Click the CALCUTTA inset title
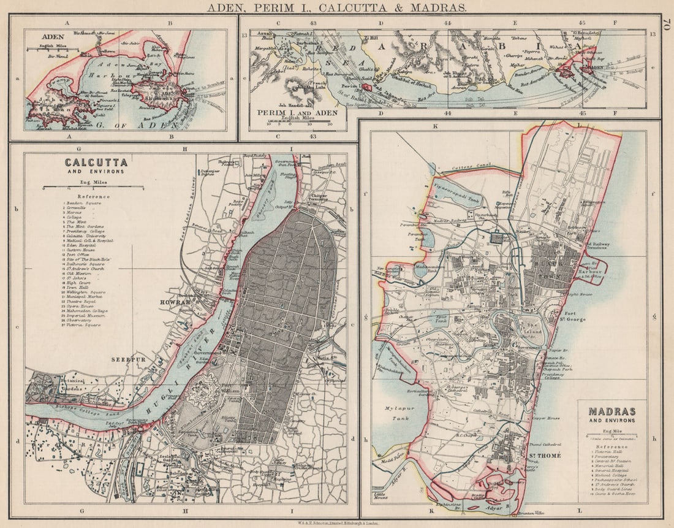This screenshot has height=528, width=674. point(96,163)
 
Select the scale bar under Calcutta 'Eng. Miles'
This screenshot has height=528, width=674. point(94,188)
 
